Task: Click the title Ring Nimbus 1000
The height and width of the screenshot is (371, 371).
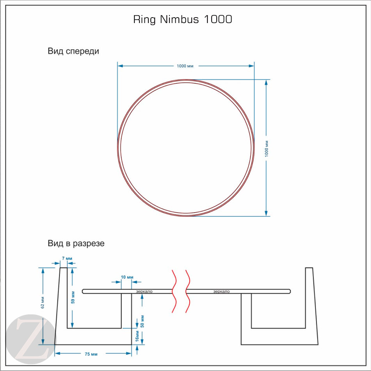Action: tap(183, 20)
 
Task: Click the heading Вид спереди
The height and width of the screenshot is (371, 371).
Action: tap(73, 51)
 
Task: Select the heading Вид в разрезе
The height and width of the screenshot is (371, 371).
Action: tap(76, 243)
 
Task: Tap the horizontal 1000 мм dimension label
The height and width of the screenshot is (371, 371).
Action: tap(185, 66)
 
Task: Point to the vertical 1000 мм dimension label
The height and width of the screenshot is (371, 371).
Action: tap(267, 148)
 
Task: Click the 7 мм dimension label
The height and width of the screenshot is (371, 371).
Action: tap(67, 259)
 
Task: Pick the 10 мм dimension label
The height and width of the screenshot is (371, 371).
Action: tap(126, 277)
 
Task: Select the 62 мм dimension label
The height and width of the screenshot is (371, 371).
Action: tap(43, 303)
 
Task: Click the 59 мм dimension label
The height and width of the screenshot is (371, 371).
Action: tap(73, 297)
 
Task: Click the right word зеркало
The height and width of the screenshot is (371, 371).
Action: tap(221, 291)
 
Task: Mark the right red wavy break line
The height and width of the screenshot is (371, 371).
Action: tap(187, 291)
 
